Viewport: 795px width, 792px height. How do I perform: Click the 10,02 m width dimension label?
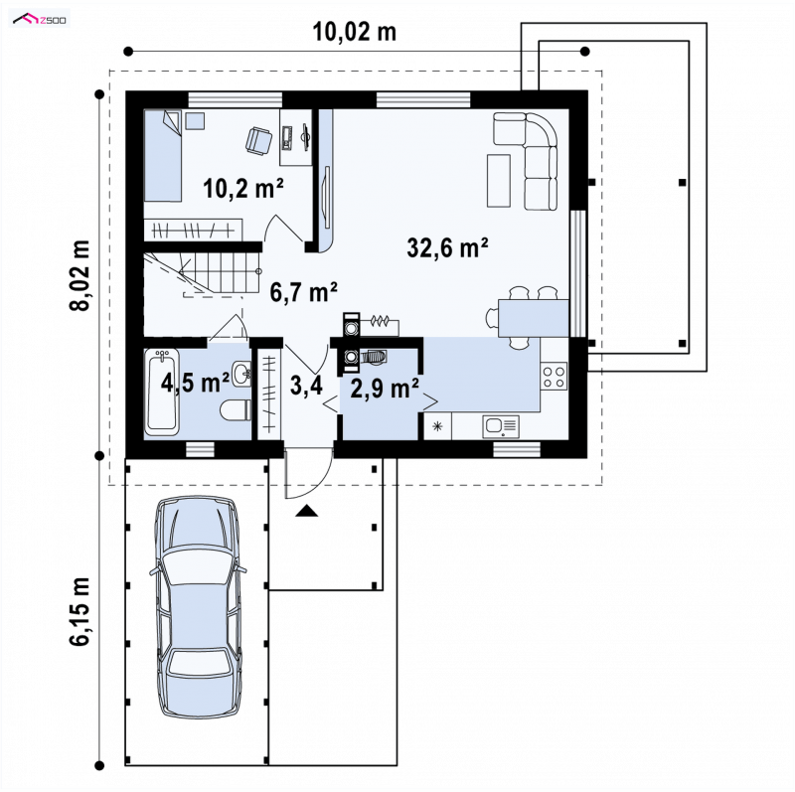point(355,33)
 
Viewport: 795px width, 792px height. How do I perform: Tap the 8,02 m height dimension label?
point(80,275)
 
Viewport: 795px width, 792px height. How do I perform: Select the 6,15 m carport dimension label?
point(80,611)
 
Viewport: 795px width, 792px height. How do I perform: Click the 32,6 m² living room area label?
point(448,248)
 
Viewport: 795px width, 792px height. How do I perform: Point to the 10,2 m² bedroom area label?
point(243,188)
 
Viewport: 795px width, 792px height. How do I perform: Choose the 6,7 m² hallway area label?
point(304,292)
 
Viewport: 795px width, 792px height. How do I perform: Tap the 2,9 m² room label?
point(386,389)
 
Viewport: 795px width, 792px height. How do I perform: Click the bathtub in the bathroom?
point(162,392)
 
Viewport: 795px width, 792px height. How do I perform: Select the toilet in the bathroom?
point(237,409)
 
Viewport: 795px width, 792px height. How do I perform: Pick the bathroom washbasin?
point(242,375)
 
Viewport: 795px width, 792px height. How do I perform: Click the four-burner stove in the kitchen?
point(554,377)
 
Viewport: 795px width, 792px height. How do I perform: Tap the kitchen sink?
point(501,426)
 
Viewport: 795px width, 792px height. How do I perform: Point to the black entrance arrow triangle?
point(306,511)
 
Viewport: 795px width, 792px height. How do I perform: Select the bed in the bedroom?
point(163,156)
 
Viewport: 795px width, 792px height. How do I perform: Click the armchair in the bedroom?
point(259,139)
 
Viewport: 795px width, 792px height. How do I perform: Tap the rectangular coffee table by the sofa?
point(499,181)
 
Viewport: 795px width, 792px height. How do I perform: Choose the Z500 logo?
point(40,20)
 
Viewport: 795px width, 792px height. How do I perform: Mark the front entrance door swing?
point(309,473)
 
